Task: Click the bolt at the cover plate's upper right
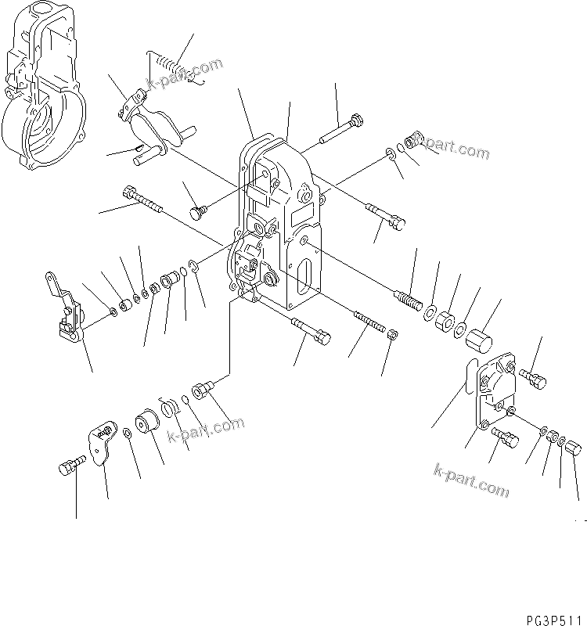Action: [534, 380]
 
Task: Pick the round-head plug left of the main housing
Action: [200, 212]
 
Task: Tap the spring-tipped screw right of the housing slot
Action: [411, 301]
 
